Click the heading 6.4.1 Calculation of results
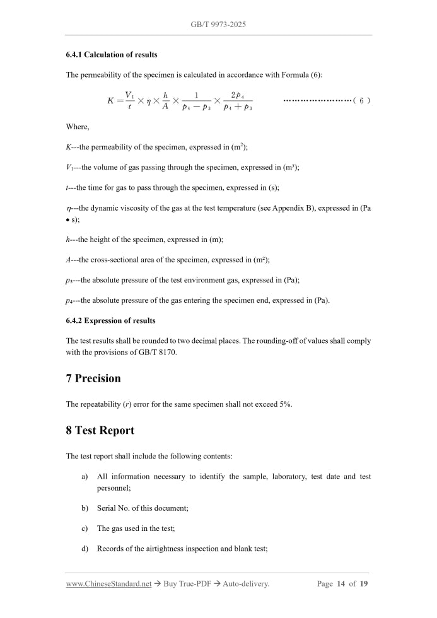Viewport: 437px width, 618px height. tap(112, 55)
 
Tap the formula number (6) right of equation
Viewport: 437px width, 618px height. tap(361, 100)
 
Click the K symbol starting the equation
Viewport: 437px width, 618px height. tap(111, 100)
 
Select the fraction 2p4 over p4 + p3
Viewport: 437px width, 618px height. tap(238, 100)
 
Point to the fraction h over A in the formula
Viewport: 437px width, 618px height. tap(165, 100)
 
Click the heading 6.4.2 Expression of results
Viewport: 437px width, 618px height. tap(110, 321)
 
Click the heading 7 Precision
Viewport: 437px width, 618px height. tap(93, 378)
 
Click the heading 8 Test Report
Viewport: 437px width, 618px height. tap(100, 431)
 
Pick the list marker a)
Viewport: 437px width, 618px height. tap(84, 477)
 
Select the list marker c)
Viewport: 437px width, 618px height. tap(84, 528)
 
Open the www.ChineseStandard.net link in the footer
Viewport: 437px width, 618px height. tap(108, 584)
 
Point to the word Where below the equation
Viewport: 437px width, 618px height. tap(78, 127)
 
